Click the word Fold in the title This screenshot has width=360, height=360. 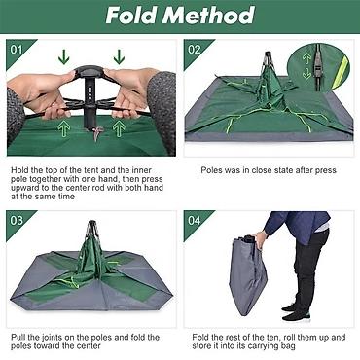coord(131,16)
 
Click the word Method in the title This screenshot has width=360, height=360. coord(208,16)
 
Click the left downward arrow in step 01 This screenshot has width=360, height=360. coord(64,56)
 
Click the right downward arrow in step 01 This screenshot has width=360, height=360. coord(119,56)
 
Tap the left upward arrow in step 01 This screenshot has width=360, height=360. coord(64,129)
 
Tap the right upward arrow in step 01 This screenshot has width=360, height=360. coord(119,129)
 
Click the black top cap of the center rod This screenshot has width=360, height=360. coord(90,70)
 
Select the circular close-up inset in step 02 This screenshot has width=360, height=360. coord(319,66)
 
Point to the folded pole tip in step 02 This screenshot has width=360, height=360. coord(268,56)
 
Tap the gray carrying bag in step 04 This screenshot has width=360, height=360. coord(248,275)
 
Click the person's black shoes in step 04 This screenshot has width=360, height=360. coord(295,312)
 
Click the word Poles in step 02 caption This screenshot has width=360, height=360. coord(212,170)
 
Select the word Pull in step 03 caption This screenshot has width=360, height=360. coord(18,338)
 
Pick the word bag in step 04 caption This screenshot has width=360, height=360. coord(288,346)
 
